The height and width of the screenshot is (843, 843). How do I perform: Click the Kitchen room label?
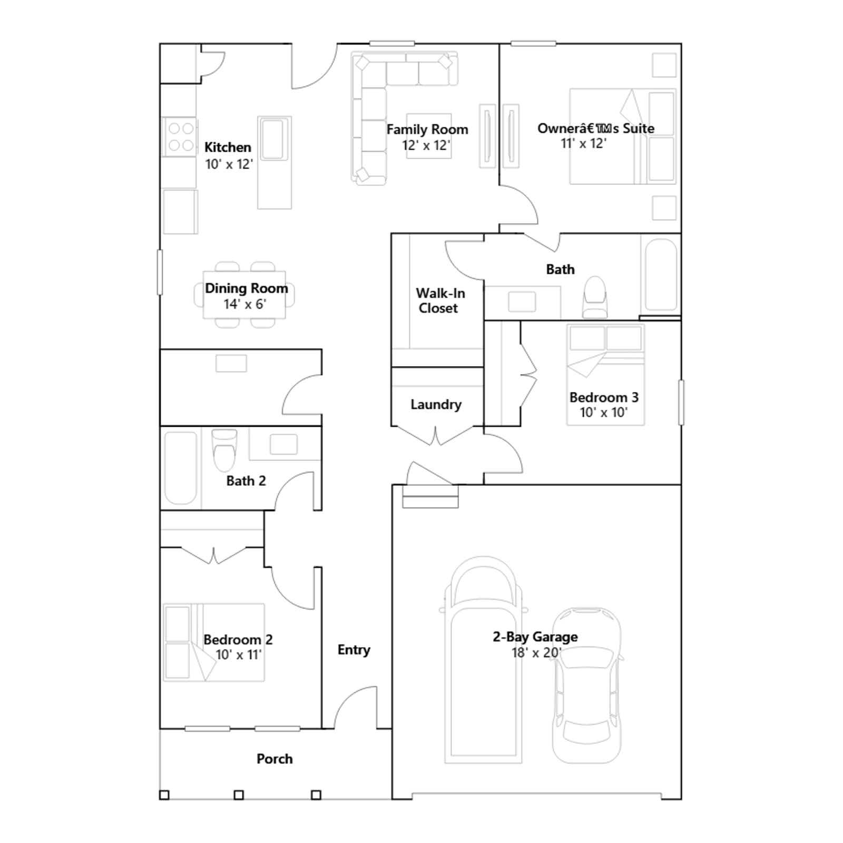coord(228,147)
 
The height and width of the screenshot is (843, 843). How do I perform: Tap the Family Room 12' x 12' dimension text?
coord(426,145)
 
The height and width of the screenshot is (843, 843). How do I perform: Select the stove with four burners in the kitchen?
coord(180,137)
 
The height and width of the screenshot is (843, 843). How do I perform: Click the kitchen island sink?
coord(274,139)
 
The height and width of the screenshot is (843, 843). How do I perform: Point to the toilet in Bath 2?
coord(224,450)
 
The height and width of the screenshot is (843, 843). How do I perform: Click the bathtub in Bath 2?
coord(181,468)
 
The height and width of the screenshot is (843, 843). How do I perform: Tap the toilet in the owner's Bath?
coord(595,298)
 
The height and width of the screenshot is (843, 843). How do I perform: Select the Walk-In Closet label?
coord(440,301)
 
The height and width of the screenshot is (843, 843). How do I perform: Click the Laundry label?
coord(436,405)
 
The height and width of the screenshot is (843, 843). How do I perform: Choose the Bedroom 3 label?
coord(604,397)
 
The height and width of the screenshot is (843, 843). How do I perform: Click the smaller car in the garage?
coord(587,685)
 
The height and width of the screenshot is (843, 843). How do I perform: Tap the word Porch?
coord(275,759)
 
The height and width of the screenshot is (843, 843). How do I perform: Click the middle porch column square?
coord(239,795)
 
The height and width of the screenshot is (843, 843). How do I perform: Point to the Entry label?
coord(354,650)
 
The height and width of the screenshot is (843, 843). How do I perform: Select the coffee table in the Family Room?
coord(429,136)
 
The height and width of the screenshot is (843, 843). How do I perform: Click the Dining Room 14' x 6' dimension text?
coord(245,304)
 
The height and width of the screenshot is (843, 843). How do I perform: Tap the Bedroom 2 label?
coord(238,640)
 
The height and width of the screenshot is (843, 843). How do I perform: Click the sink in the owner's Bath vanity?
coord(522,302)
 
